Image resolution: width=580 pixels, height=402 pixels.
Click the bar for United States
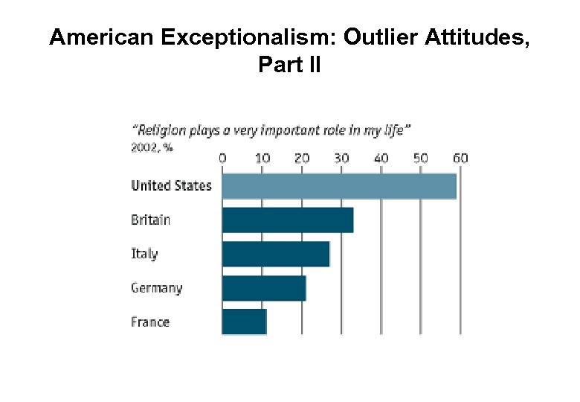click(x=339, y=186)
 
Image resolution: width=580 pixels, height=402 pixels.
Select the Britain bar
click(x=287, y=220)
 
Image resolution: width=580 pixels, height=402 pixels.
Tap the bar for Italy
click(x=275, y=254)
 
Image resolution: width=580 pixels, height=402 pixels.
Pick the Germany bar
click(x=264, y=288)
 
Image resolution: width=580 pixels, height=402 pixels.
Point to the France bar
click(x=244, y=322)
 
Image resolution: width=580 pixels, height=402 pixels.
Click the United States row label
click(x=171, y=186)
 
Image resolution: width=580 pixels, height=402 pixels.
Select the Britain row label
click(x=150, y=220)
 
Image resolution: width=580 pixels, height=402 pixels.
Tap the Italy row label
click(x=144, y=254)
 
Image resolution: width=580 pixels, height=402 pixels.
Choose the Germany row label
click(x=156, y=288)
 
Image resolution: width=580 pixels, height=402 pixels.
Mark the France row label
click(x=150, y=322)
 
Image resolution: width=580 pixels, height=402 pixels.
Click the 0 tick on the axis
click(x=222, y=159)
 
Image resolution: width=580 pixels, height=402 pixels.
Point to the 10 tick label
click(x=262, y=159)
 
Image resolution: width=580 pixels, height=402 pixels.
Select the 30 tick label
click(x=341, y=159)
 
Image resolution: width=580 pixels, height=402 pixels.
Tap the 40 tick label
click(x=381, y=159)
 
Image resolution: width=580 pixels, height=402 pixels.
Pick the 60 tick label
click(x=460, y=159)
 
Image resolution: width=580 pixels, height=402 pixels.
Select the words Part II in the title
click(x=289, y=66)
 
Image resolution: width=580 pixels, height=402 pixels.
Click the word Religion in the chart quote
click(x=162, y=130)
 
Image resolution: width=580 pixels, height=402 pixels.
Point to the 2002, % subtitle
click(x=152, y=147)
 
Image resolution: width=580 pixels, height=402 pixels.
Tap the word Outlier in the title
click(x=381, y=38)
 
